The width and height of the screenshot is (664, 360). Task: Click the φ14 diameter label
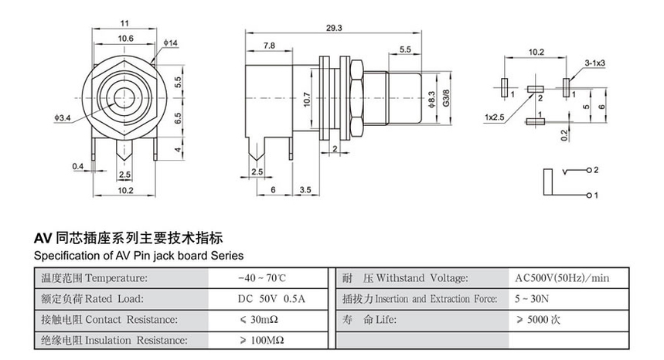(x=172, y=42)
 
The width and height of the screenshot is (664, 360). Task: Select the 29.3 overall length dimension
(x=335, y=28)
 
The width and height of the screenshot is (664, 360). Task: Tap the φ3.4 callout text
(x=63, y=118)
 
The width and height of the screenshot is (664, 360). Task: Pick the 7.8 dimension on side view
(x=269, y=46)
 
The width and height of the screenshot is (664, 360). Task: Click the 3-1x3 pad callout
(x=594, y=61)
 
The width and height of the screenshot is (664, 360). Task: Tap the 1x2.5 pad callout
(x=494, y=118)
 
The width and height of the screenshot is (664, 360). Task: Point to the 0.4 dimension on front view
(x=77, y=166)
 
